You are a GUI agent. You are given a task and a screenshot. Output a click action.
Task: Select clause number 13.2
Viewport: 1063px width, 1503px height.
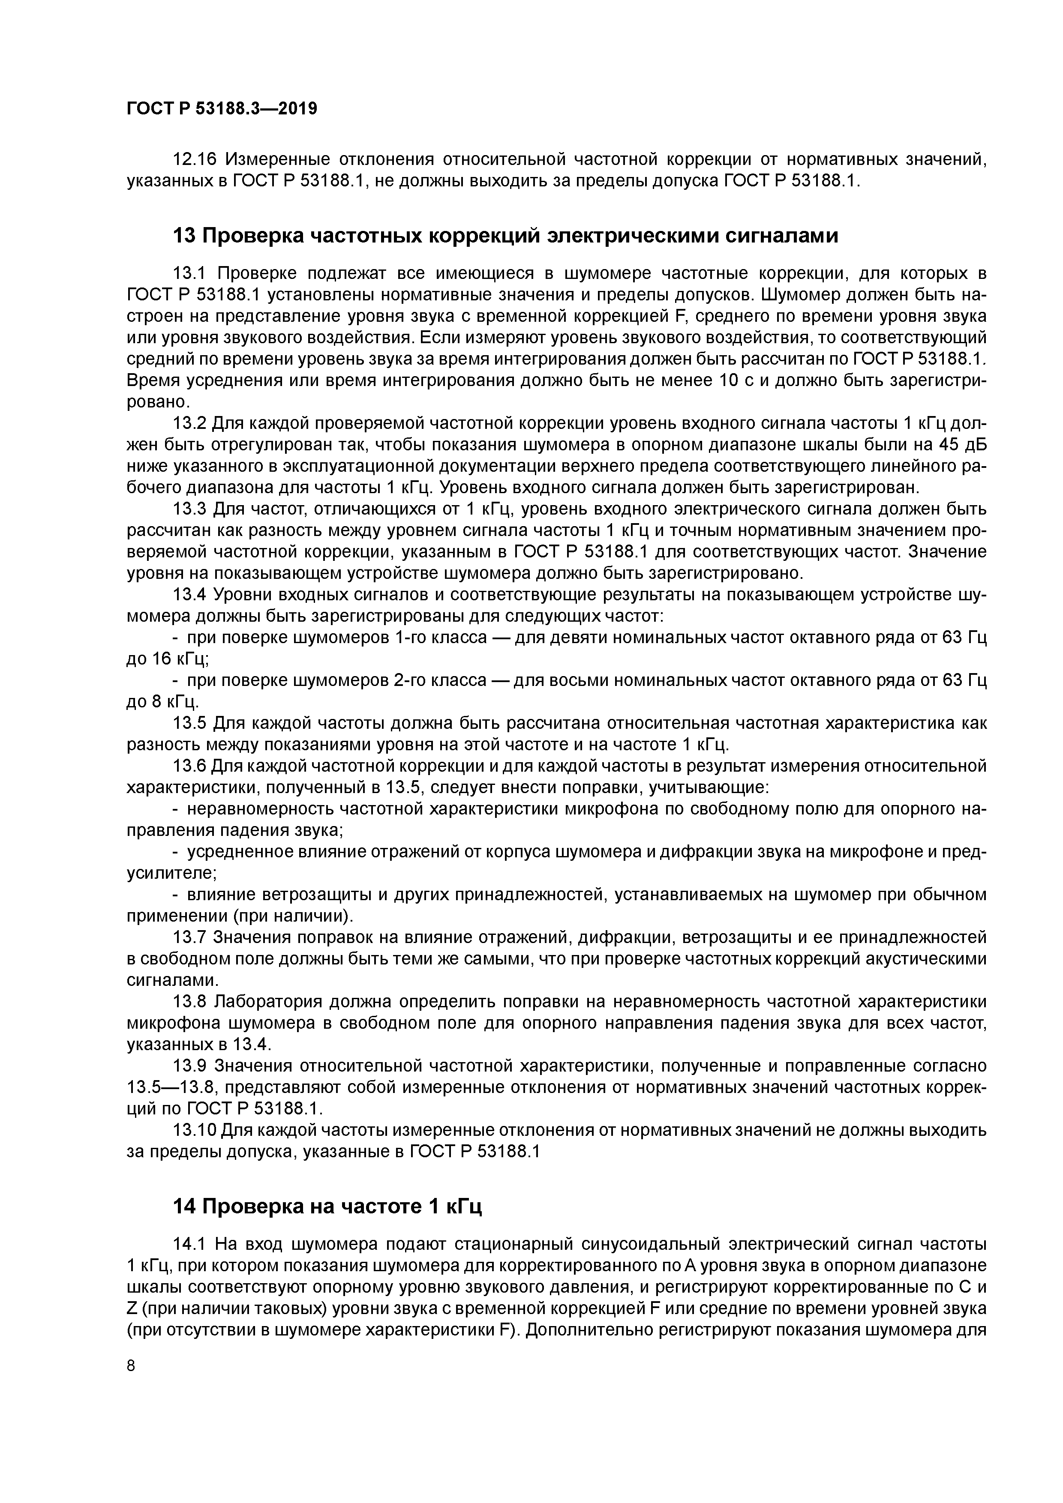[x=190, y=424]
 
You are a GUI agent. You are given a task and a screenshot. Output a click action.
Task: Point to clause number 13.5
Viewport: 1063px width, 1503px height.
[x=190, y=723]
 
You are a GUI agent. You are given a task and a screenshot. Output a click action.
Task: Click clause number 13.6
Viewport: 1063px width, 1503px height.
[x=190, y=766]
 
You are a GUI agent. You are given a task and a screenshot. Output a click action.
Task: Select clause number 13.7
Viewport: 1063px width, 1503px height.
[x=190, y=937]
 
